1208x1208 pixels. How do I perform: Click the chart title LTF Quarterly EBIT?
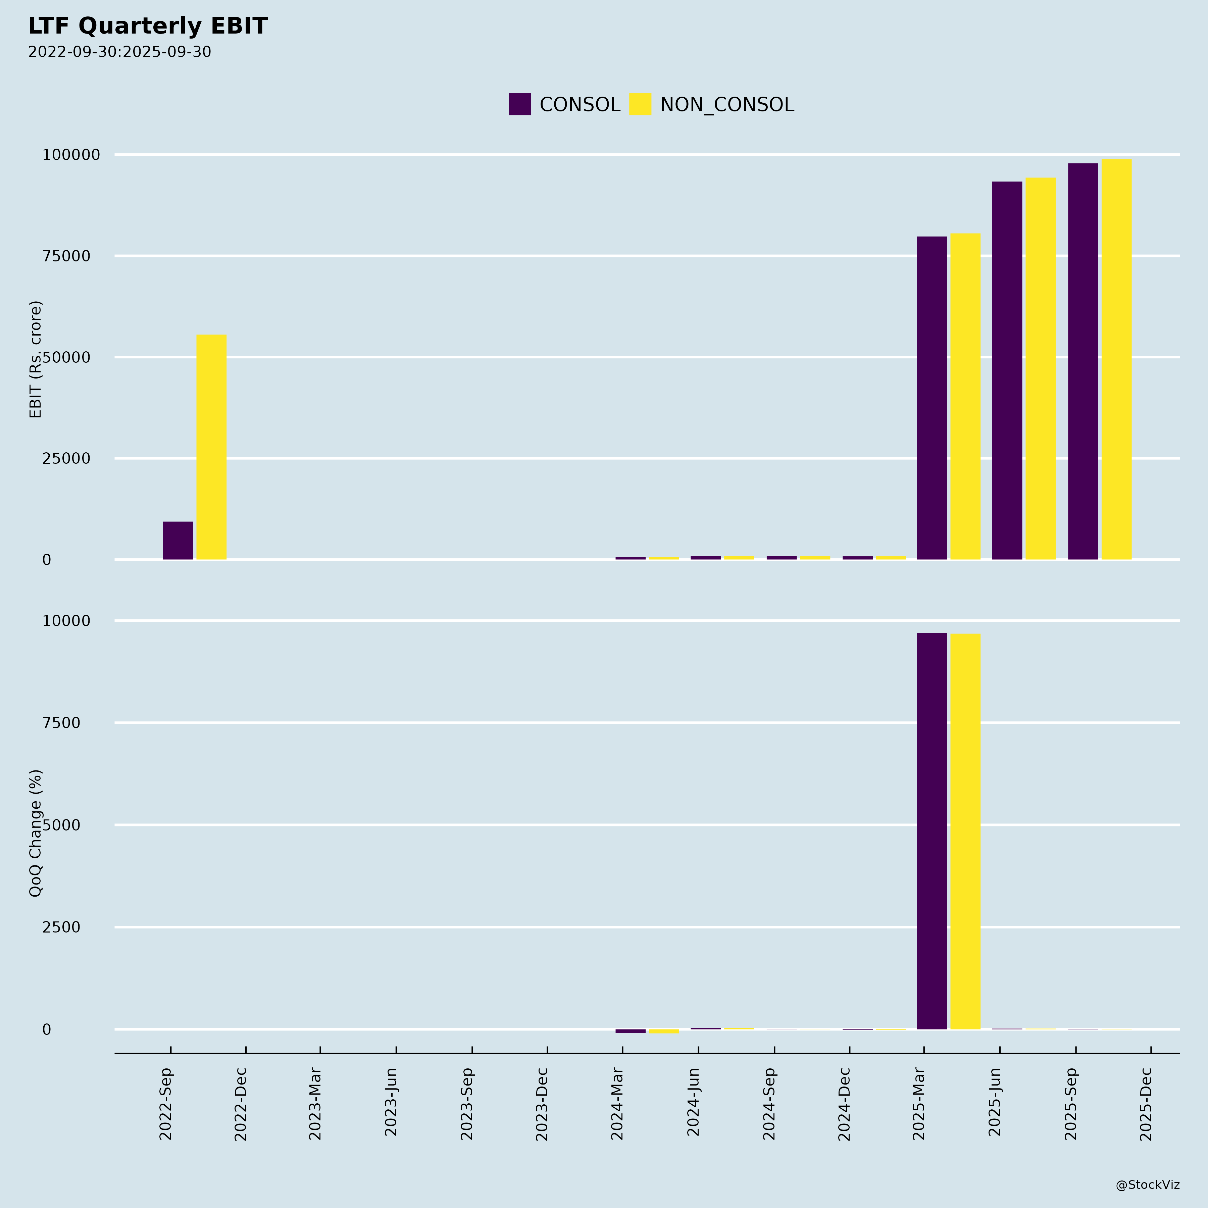coord(148,26)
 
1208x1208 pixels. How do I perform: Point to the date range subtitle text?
coord(119,52)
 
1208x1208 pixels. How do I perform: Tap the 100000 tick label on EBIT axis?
coord(71,155)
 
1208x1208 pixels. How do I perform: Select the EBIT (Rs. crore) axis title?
coord(36,359)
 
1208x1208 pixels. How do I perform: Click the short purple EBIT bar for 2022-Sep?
coord(178,541)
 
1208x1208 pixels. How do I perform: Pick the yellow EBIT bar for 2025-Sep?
coord(1116,359)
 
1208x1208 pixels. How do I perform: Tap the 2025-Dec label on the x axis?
coord(1146,1104)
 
